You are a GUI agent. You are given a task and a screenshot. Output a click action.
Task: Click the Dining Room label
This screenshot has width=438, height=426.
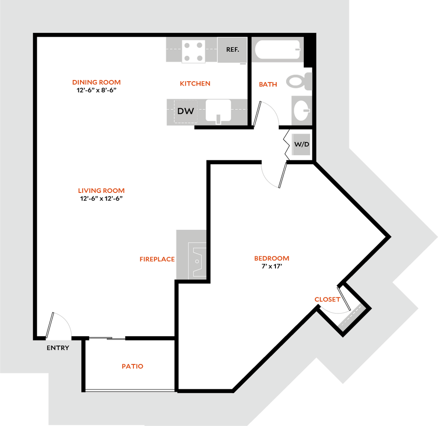[x=97, y=82]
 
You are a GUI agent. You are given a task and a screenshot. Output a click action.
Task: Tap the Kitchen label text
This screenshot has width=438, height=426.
[x=195, y=83]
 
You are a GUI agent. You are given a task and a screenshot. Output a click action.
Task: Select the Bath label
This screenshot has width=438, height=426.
[x=268, y=85]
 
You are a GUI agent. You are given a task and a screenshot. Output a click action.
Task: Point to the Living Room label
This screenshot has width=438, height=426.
[x=101, y=191]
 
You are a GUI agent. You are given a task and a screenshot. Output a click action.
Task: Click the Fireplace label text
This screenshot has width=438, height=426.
[x=157, y=259]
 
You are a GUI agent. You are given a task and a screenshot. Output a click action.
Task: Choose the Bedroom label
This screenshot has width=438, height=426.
[x=272, y=258]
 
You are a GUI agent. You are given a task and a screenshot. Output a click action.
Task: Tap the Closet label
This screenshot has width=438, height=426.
[x=327, y=299]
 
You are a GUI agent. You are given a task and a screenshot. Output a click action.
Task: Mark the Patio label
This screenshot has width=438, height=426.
[x=133, y=366]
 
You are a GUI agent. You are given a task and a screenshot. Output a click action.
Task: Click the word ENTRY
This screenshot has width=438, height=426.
[x=58, y=348]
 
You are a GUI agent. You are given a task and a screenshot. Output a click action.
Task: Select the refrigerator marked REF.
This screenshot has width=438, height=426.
[x=232, y=50]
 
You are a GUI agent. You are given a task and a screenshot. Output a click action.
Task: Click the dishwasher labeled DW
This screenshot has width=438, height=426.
[x=186, y=111]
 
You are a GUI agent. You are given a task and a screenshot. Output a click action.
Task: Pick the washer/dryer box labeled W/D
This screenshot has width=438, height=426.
[x=301, y=144]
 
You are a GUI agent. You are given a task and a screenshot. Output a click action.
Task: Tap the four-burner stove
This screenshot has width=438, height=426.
[x=193, y=51]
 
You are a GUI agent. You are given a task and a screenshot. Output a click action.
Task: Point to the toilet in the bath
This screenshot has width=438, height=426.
[x=299, y=81]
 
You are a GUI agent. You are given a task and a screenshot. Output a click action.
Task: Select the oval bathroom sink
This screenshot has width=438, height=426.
[x=301, y=110]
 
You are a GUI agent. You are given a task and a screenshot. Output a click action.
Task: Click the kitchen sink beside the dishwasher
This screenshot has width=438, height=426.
[x=218, y=110]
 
